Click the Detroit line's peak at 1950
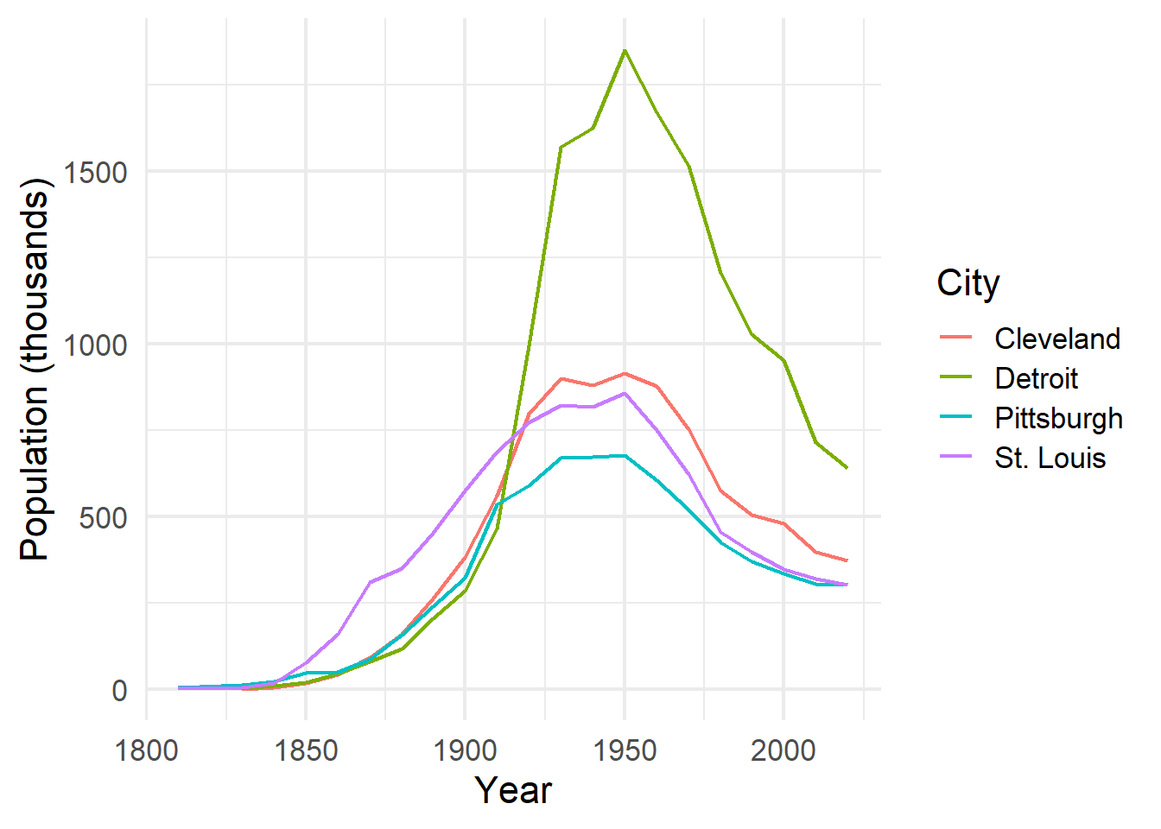(625, 50)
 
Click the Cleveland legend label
(1057, 339)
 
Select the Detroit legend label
(1036, 378)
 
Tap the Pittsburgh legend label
(1058, 418)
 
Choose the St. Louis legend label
(1050, 458)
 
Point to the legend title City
(967, 283)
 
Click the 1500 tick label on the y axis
(96, 172)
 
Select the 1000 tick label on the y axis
(96, 345)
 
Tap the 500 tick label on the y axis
(104, 517)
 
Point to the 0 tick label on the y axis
(119, 690)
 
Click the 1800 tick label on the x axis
(146, 750)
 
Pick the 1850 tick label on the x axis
(306, 750)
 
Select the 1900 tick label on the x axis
(465, 750)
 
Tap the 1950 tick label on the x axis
(625, 750)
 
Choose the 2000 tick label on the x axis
(784, 750)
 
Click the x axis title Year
(513, 790)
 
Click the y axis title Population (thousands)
(35, 370)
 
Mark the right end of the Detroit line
(847, 468)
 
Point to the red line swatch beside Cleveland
(956, 339)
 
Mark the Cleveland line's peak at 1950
(625, 374)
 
